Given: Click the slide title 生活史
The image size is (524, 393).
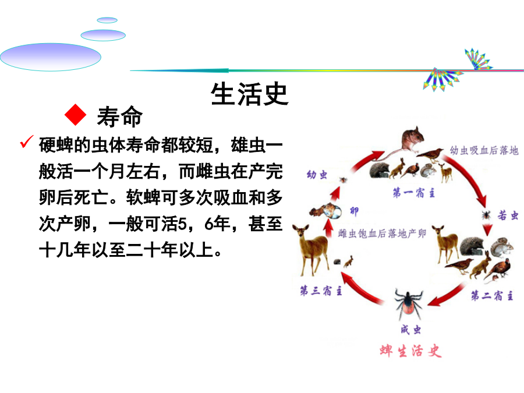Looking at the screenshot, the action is click(x=249, y=94).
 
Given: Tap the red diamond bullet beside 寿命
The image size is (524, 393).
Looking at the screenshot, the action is click(x=76, y=115).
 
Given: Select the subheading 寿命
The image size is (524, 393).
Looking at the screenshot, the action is click(x=119, y=116).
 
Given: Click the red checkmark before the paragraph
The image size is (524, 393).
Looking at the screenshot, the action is click(x=27, y=141).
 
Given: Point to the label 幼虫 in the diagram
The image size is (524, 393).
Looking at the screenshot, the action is click(x=317, y=175).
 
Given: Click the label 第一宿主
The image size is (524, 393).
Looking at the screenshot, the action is click(x=414, y=193).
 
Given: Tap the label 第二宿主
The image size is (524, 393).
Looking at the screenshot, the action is click(x=492, y=295).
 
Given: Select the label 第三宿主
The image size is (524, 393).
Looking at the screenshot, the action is click(x=321, y=291).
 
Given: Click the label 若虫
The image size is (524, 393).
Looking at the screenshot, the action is click(x=508, y=215).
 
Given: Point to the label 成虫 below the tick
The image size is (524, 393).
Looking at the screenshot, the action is click(x=410, y=330).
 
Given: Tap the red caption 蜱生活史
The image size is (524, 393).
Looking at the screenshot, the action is click(x=410, y=351).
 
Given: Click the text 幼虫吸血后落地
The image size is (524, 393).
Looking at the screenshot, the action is click(x=484, y=150).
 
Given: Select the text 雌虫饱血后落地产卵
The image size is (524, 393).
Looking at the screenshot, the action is click(x=382, y=233).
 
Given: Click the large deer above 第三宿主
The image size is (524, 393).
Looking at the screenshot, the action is click(x=310, y=250).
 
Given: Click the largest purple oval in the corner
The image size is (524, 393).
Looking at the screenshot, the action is click(x=51, y=57).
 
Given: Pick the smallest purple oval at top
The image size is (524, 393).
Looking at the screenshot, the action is click(x=107, y=20).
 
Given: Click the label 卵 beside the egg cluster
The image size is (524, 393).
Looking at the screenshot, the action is click(x=354, y=211).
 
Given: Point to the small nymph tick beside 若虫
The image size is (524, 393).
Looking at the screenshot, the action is click(x=486, y=214).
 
